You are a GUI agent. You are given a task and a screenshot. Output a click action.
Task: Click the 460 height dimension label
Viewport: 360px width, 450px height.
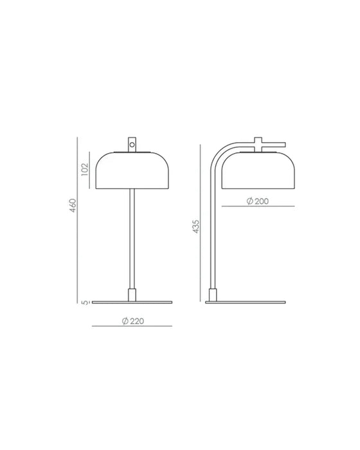73,206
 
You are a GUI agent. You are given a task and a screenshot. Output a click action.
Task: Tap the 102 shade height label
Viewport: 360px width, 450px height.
85,169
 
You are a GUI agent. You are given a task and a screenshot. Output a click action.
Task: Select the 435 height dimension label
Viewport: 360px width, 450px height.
195,226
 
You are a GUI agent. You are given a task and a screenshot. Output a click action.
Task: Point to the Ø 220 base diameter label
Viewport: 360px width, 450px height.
133,321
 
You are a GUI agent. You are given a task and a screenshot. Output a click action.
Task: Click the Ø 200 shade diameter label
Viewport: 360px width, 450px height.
258,201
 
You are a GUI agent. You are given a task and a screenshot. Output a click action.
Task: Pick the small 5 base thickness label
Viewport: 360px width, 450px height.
85,302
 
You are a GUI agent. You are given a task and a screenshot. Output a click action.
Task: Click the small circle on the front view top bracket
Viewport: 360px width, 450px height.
132,145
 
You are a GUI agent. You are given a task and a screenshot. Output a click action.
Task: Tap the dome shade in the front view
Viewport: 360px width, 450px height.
132,170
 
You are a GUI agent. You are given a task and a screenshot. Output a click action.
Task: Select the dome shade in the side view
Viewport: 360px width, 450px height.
258,170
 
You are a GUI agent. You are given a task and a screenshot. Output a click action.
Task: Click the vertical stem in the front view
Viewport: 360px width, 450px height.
132,239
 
